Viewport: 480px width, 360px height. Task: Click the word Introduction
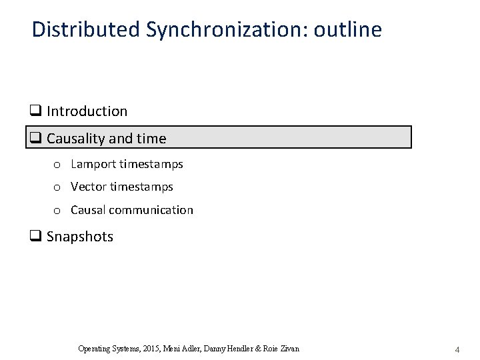coord(87,111)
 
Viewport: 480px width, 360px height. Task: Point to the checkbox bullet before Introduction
coord(36,111)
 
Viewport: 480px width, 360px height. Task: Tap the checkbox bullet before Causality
coord(36,139)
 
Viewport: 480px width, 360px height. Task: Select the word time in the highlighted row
coord(152,138)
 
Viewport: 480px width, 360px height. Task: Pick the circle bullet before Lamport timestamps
coord(58,165)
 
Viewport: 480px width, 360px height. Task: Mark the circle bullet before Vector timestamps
coord(58,188)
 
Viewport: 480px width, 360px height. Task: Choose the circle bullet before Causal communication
coord(58,211)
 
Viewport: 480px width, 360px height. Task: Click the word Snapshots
coord(80,237)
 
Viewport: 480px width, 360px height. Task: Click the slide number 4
coord(457,349)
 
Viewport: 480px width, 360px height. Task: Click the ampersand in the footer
coord(259,349)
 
